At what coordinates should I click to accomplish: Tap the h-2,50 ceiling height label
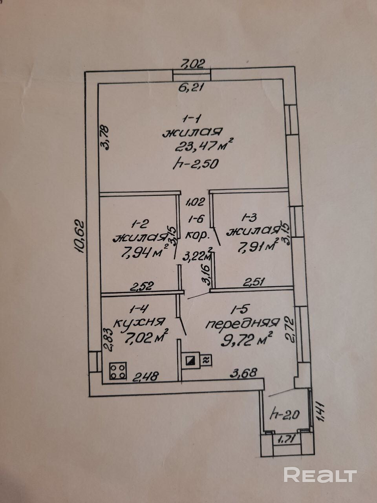tap(195, 164)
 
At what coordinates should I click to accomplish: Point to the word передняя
tap(242, 323)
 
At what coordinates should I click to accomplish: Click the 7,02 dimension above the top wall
tap(192, 64)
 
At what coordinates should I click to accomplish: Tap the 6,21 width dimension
tap(191, 88)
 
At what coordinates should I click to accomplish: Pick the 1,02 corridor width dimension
tap(195, 203)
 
